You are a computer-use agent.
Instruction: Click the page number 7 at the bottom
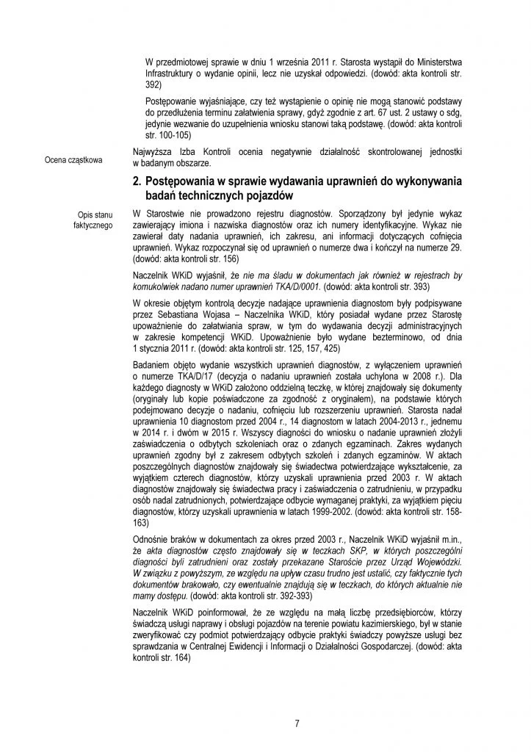point(297,723)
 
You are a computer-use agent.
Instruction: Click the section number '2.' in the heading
point(138,181)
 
